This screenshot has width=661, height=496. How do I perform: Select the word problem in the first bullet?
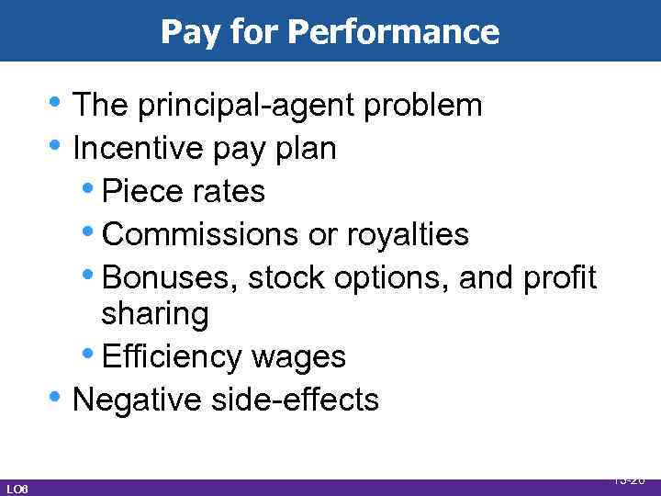(x=423, y=106)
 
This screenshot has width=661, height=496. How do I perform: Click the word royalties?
(x=408, y=234)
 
